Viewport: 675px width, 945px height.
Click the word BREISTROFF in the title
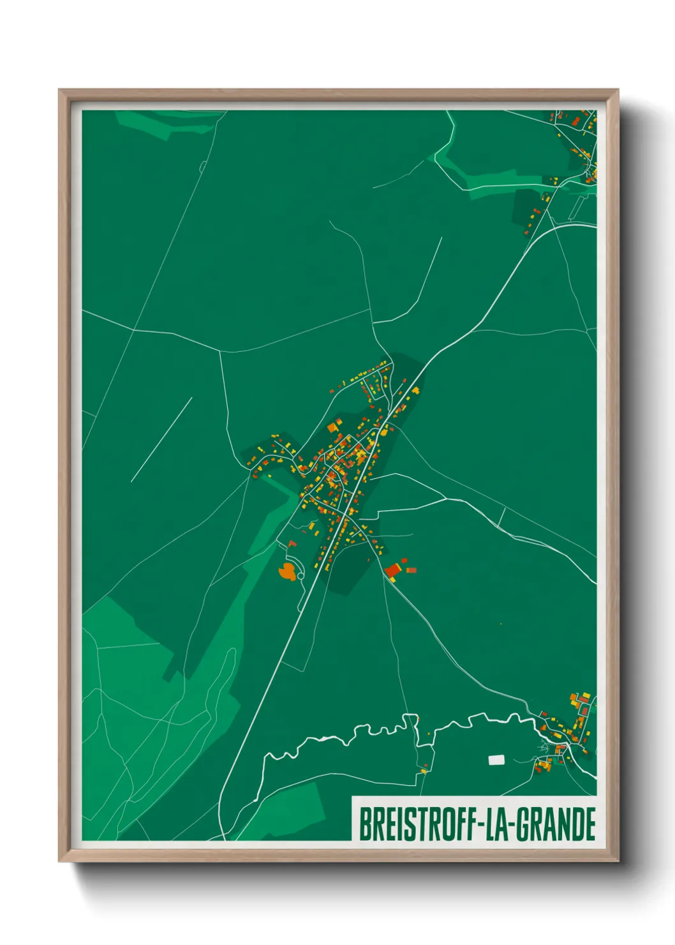pyautogui.click(x=417, y=825)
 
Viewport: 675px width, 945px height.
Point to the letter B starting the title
pyautogui.click(x=365, y=825)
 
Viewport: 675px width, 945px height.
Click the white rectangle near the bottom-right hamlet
pyautogui.click(x=496, y=760)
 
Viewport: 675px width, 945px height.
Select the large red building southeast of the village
pyautogui.click(x=392, y=570)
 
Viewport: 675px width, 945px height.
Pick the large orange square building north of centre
pyautogui.click(x=332, y=427)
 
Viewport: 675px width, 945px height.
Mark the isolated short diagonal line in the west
pyautogui.click(x=161, y=439)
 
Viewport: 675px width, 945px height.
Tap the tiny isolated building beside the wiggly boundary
pyautogui.click(x=423, y=771)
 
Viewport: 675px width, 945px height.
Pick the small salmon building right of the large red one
pyautogui.click(x=412, y=570)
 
